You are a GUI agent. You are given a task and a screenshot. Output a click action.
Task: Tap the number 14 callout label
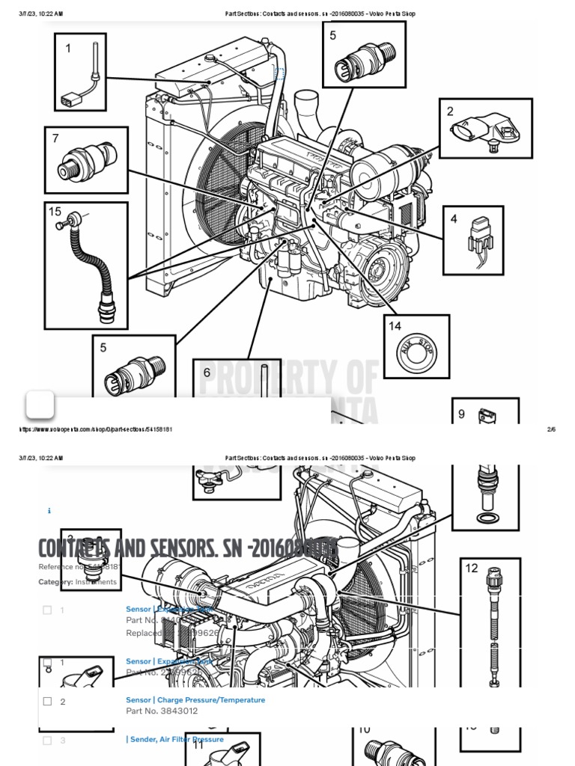coord(395,326)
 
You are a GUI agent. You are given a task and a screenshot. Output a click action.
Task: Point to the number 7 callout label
coord(55,138)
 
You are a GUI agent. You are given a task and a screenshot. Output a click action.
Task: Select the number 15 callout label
coord(55,212)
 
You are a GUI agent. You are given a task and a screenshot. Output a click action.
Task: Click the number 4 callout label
coord(454,219)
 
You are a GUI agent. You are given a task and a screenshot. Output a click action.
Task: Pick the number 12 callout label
coord(472,569)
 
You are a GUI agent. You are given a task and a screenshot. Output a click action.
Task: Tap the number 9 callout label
coord(462,414)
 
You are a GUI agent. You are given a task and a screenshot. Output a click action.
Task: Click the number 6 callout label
coord(207,373)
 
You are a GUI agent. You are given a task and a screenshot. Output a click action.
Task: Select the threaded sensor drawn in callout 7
coord(88,159)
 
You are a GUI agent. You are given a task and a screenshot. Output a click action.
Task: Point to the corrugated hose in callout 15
coord(87,262)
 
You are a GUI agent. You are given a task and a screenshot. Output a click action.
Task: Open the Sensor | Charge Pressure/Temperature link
coord(195,700)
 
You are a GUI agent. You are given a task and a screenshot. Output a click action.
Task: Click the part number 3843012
coord(153,711)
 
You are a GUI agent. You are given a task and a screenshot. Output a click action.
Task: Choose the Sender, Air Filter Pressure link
coord(177,739)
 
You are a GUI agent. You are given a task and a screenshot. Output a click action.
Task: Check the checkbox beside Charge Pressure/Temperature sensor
coord(47,702)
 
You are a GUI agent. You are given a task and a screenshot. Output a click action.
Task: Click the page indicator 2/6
coord(552,429)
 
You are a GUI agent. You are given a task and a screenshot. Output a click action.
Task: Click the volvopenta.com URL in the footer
coord(96,429)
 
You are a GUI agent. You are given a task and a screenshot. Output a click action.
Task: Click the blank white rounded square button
coord(40,405)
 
